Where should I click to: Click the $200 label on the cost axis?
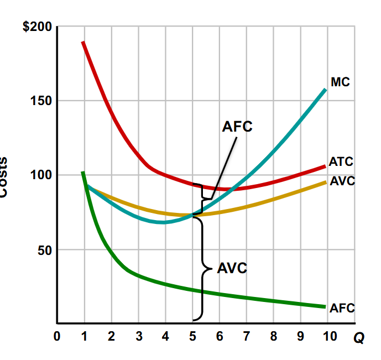[37, 27]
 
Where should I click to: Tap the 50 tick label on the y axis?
[44, 250]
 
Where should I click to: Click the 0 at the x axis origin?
[58, 336]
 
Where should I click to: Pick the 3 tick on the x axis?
[138, 336]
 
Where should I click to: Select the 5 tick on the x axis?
[192, 336]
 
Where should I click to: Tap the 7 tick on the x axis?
[247, 336]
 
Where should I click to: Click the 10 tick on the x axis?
[328, 336]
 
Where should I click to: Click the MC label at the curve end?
[340, 82]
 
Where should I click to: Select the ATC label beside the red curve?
[341, 162]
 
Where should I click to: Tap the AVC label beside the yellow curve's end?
[342, 181]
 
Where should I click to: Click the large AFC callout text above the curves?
[237, 127]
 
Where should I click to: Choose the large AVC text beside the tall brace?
[232, 269]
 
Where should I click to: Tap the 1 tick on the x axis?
[84, 336]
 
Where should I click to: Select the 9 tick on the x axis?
[301, 336]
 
